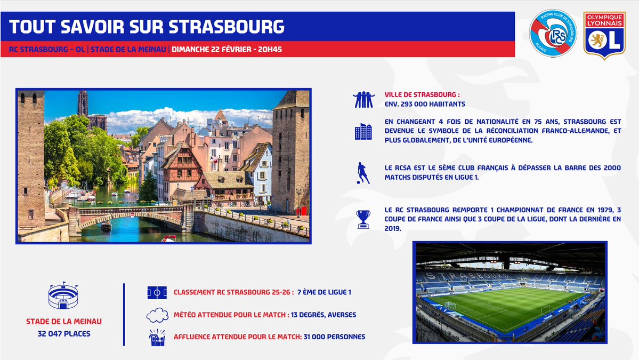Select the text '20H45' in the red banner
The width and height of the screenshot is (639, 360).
point(270,49)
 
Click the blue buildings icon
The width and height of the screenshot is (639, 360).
point(363,131)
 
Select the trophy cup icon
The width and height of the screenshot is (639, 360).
point(363,219)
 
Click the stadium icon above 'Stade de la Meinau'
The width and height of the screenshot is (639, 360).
point(63,296)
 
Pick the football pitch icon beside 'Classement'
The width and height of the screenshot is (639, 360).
point(157,292)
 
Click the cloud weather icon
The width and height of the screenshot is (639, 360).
point(157,315)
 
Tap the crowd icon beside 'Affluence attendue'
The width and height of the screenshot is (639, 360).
point(157,338)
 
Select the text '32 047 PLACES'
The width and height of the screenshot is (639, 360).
point(64,334)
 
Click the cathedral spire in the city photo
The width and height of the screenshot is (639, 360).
point(82,105)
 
